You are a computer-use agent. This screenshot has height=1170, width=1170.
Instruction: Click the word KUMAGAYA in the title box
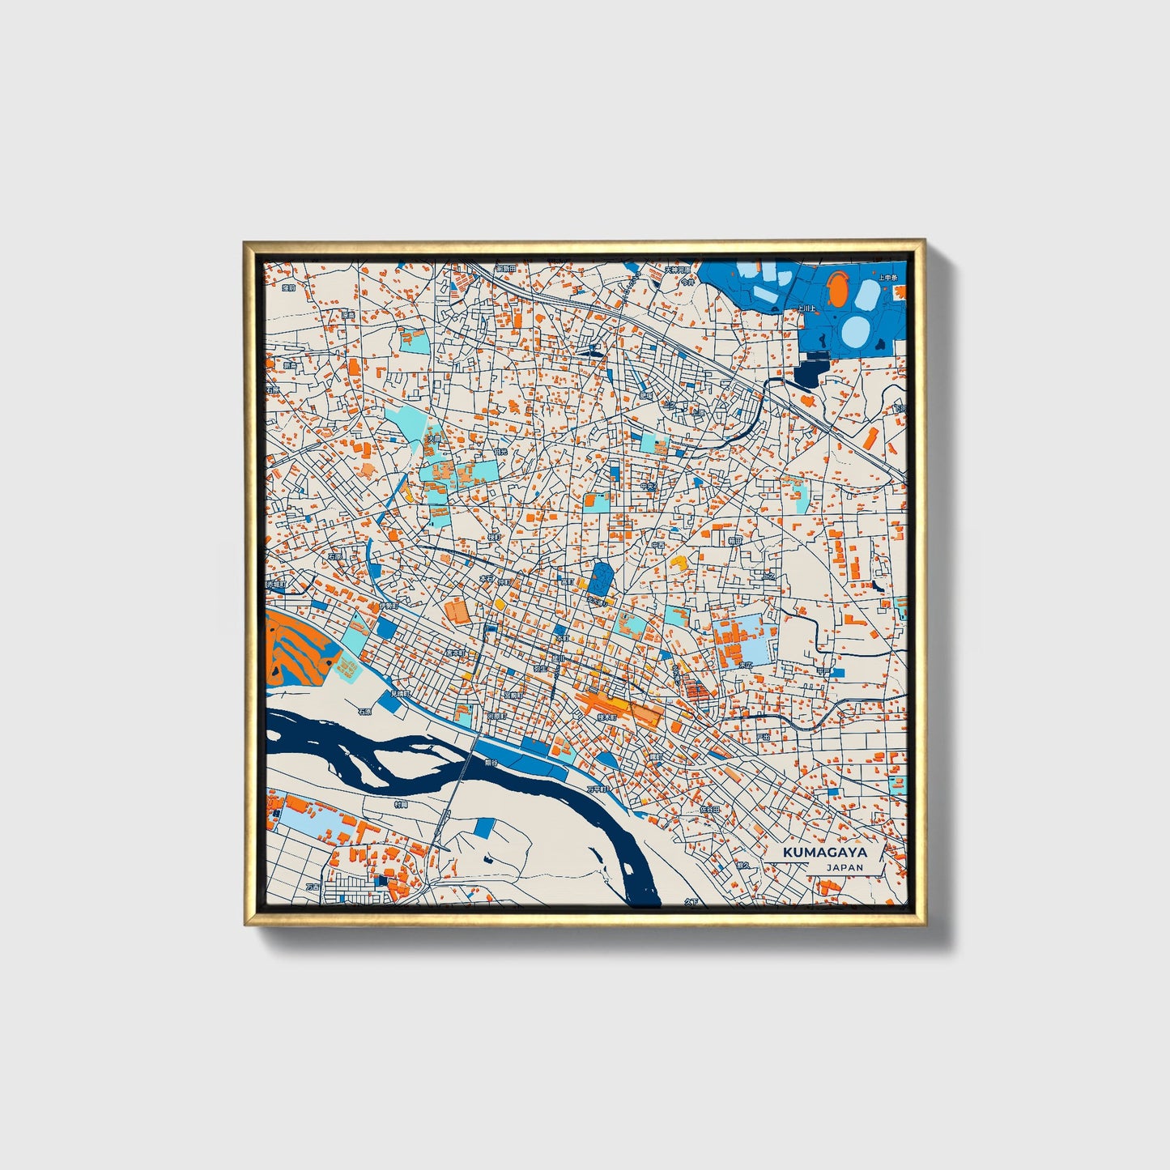(x=824, y=853)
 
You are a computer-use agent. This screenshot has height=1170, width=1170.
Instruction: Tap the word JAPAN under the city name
(x=845, y=867)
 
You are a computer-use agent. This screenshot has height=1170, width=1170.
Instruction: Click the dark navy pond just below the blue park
(x=807, y=373)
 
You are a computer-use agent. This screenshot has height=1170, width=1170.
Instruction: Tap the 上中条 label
(x=888, y=278)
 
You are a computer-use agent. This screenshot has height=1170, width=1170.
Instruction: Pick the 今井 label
(x=687, y=283)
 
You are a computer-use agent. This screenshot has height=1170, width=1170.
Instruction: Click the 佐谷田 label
(x=709, y=808)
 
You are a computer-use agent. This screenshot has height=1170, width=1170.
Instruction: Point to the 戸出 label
(x=762, y=737)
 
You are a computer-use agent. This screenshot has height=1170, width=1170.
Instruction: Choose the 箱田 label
(x=734, y=540)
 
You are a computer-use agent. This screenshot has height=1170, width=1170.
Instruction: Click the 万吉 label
(x=313, y=887)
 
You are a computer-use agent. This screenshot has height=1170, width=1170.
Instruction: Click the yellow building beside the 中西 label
(x=680, y=560)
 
